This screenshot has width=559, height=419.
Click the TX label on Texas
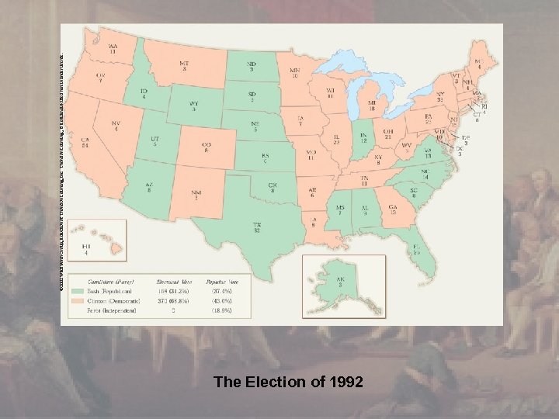click(x=256, y=225)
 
